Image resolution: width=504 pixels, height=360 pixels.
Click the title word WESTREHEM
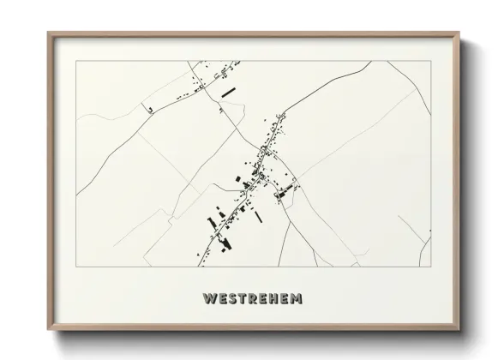click(x=252, y=300)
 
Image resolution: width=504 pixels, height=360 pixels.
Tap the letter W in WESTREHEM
click(x=207, y=300)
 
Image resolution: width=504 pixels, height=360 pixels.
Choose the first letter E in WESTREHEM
click(x=219, y=300)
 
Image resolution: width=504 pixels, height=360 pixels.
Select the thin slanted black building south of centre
click(x=257, y=217)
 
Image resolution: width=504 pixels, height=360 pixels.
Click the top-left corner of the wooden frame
click(x=48, y=33)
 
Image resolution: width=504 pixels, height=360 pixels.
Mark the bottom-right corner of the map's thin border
click(x=430, y=266)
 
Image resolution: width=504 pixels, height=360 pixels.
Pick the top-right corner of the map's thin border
click(x=430, y=63)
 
